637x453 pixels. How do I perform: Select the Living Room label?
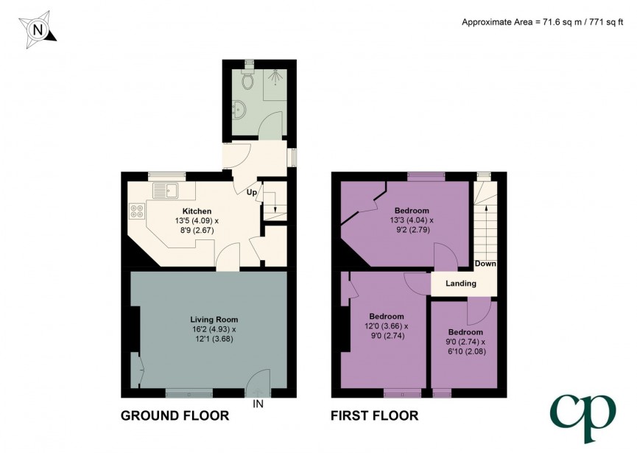click(213, 319)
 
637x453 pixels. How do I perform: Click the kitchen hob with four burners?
click(137, 212)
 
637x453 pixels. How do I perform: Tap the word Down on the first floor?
click(485, 264)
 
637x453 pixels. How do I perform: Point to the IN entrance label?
click(258, 404)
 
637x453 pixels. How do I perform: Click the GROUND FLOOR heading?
click(175, 416)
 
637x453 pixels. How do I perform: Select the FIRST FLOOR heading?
click(374, 416)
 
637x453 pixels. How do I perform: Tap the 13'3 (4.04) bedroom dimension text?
click(412, 220)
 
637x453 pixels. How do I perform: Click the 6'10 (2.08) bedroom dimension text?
click(466, 351)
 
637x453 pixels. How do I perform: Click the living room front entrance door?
click(258, 384)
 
